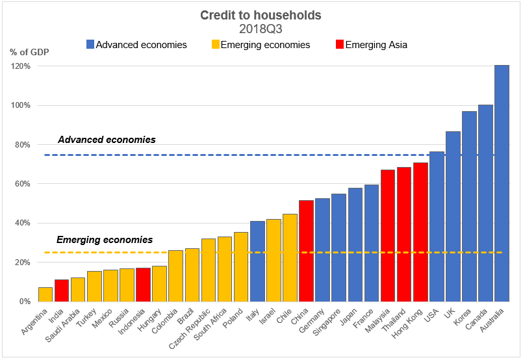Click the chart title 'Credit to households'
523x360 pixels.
coord(261,15)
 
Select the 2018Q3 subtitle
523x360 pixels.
coord(261,29)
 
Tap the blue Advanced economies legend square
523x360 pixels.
coord(90,45)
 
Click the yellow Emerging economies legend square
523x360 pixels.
coord(214,45)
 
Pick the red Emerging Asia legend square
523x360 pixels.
coord(339,45)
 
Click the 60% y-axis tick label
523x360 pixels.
coord(23,184)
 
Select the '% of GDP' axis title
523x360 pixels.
coord(29,52)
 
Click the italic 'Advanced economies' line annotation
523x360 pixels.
coord(107,140)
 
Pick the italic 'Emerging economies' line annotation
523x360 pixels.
coord(105,239)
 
